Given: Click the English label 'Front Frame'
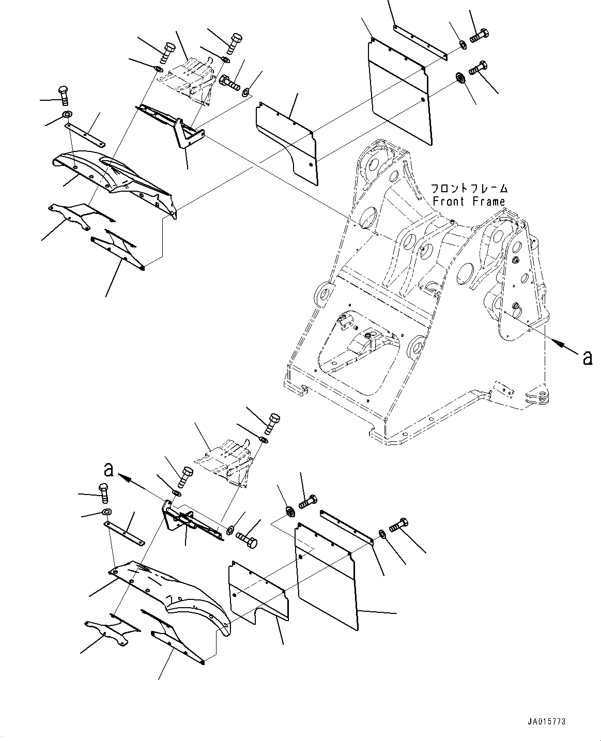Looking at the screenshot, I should point(469,202).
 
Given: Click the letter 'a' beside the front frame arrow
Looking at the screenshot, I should point(587,357).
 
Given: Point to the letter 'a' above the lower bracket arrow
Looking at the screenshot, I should point(108,469).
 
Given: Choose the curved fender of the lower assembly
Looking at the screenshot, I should point(171,594).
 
